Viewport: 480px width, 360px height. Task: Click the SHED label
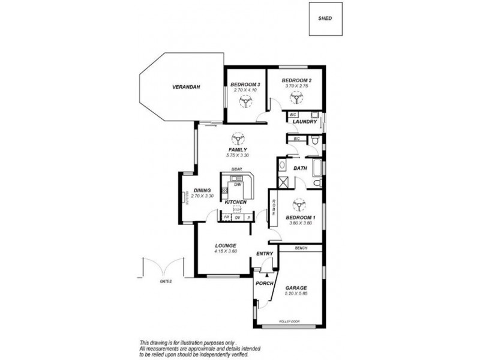(x=326, y=18)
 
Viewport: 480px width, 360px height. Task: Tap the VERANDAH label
(x=186, y=87)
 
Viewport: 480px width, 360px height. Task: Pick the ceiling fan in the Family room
(x=238, y=139)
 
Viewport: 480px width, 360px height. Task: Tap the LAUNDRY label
(x=305, y=122)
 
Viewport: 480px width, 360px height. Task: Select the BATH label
(x=300, y=169)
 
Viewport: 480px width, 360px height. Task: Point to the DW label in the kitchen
(x=238, y=185)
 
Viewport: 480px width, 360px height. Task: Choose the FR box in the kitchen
(x=226, y=217)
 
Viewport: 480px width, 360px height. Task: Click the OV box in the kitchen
(x=237, y=217)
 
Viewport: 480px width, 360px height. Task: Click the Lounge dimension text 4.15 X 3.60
(x=225, y=251)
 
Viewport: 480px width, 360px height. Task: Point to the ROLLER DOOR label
(x=289, y=322)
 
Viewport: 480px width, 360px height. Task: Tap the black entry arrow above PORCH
(x=263, y=272)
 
